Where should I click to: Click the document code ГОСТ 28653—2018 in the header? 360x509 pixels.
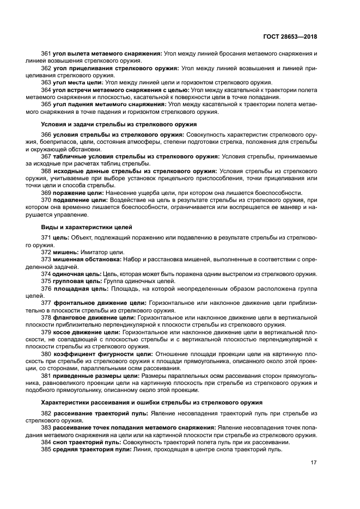(x=290, y=36)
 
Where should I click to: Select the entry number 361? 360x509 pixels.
(x=46, y=53)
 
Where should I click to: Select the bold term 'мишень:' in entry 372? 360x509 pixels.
(x=66, y=252)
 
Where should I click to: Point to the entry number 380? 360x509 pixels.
(x=46, y=354)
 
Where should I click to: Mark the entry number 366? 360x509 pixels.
(x=46, y=134)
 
